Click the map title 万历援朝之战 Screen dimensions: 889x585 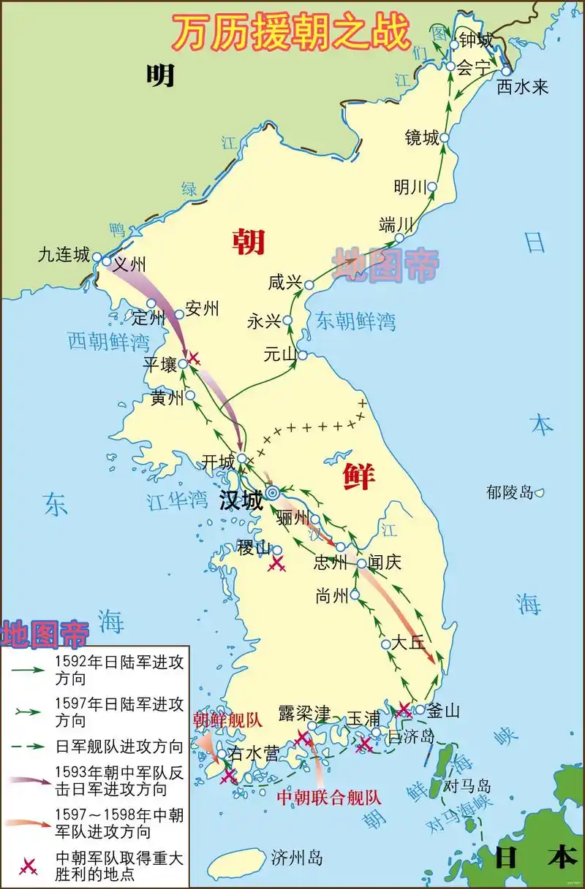click(x=291, y=32)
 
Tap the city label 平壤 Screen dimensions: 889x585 click(x=159, y=365)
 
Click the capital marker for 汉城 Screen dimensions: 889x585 click(x=272, y=494)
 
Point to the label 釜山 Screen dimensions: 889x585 click(x=443, y=711)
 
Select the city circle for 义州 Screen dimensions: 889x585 click(x=107, y=261)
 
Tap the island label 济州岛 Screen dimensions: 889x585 click(x=296, y=857)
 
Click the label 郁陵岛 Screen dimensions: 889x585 click(x=510, y=492)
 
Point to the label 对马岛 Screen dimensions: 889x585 click(x=468, y=787)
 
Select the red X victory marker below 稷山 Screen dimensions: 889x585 click(x=276, y=563)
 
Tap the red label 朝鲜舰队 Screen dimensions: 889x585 click(x=227, y=720)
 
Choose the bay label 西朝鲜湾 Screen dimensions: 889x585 click(x=108, y=341)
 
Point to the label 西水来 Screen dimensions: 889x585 click(x=522, y=88)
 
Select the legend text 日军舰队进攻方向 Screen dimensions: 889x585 click(x=119, y=747)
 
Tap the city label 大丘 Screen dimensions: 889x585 click(x=408, y=643)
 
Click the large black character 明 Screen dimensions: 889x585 click(x=159, y=75)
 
